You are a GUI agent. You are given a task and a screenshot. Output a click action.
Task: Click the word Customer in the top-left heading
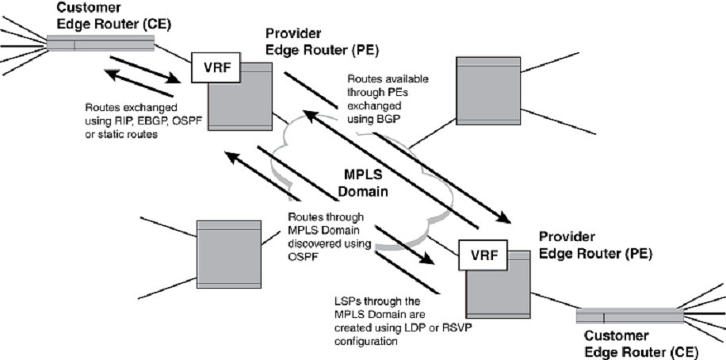coord(82,7)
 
